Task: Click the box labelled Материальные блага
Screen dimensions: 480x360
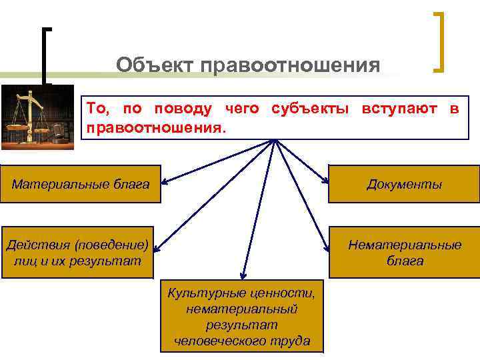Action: pos(81,183)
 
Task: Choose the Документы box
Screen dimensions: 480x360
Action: pos(404,183)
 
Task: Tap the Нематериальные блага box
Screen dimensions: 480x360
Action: pos(404,252)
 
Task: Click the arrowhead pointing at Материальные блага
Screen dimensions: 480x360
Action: pos(164,181)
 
